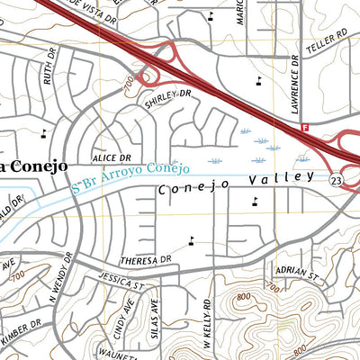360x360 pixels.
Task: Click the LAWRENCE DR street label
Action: coord(293,91)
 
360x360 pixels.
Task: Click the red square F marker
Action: coord(305,129)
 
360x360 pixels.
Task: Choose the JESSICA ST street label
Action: coord(123,282)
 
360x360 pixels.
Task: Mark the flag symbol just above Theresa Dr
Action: coord(191,240)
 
